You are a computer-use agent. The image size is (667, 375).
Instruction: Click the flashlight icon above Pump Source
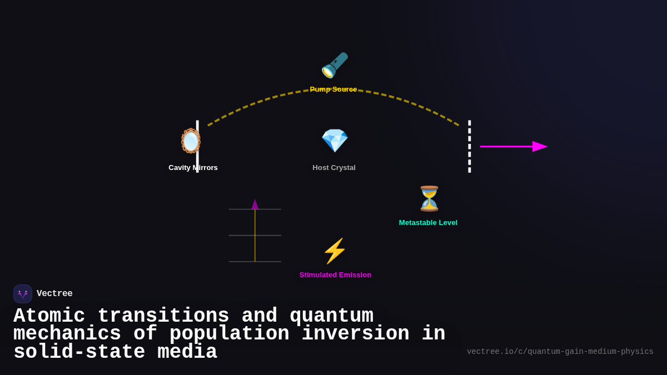coord(334,66)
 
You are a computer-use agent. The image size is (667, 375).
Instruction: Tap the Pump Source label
coord(333,89)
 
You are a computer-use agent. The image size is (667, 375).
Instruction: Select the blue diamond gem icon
coord(335,140)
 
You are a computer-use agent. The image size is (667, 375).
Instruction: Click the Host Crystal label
coord(334,168)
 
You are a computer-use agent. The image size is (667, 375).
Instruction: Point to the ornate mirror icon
coord(191,141)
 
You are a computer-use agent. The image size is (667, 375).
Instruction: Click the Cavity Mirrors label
coord(193,168)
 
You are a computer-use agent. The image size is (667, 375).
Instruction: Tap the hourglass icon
coord(429,198)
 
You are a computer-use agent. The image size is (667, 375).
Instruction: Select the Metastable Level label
coord(428,223)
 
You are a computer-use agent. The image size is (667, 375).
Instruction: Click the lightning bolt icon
coord(335,251)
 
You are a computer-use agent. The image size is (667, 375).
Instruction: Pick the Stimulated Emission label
coord(335,275)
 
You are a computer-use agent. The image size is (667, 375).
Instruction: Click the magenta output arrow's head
coord(540,147)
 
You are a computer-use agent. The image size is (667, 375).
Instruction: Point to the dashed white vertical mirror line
coord(469,147)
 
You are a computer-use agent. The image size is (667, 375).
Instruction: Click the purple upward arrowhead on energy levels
coord(255,204)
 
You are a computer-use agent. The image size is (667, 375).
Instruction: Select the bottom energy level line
coord(267,262)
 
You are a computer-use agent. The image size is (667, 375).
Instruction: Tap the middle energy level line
coord(267,236)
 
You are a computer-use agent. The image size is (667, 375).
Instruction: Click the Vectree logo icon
coord(23,294)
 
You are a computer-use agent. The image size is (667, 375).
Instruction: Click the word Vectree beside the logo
coord(54,294)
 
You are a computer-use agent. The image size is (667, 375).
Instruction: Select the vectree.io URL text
coord(560,352)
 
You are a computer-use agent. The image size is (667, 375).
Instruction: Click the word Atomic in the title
coord(49,316)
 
